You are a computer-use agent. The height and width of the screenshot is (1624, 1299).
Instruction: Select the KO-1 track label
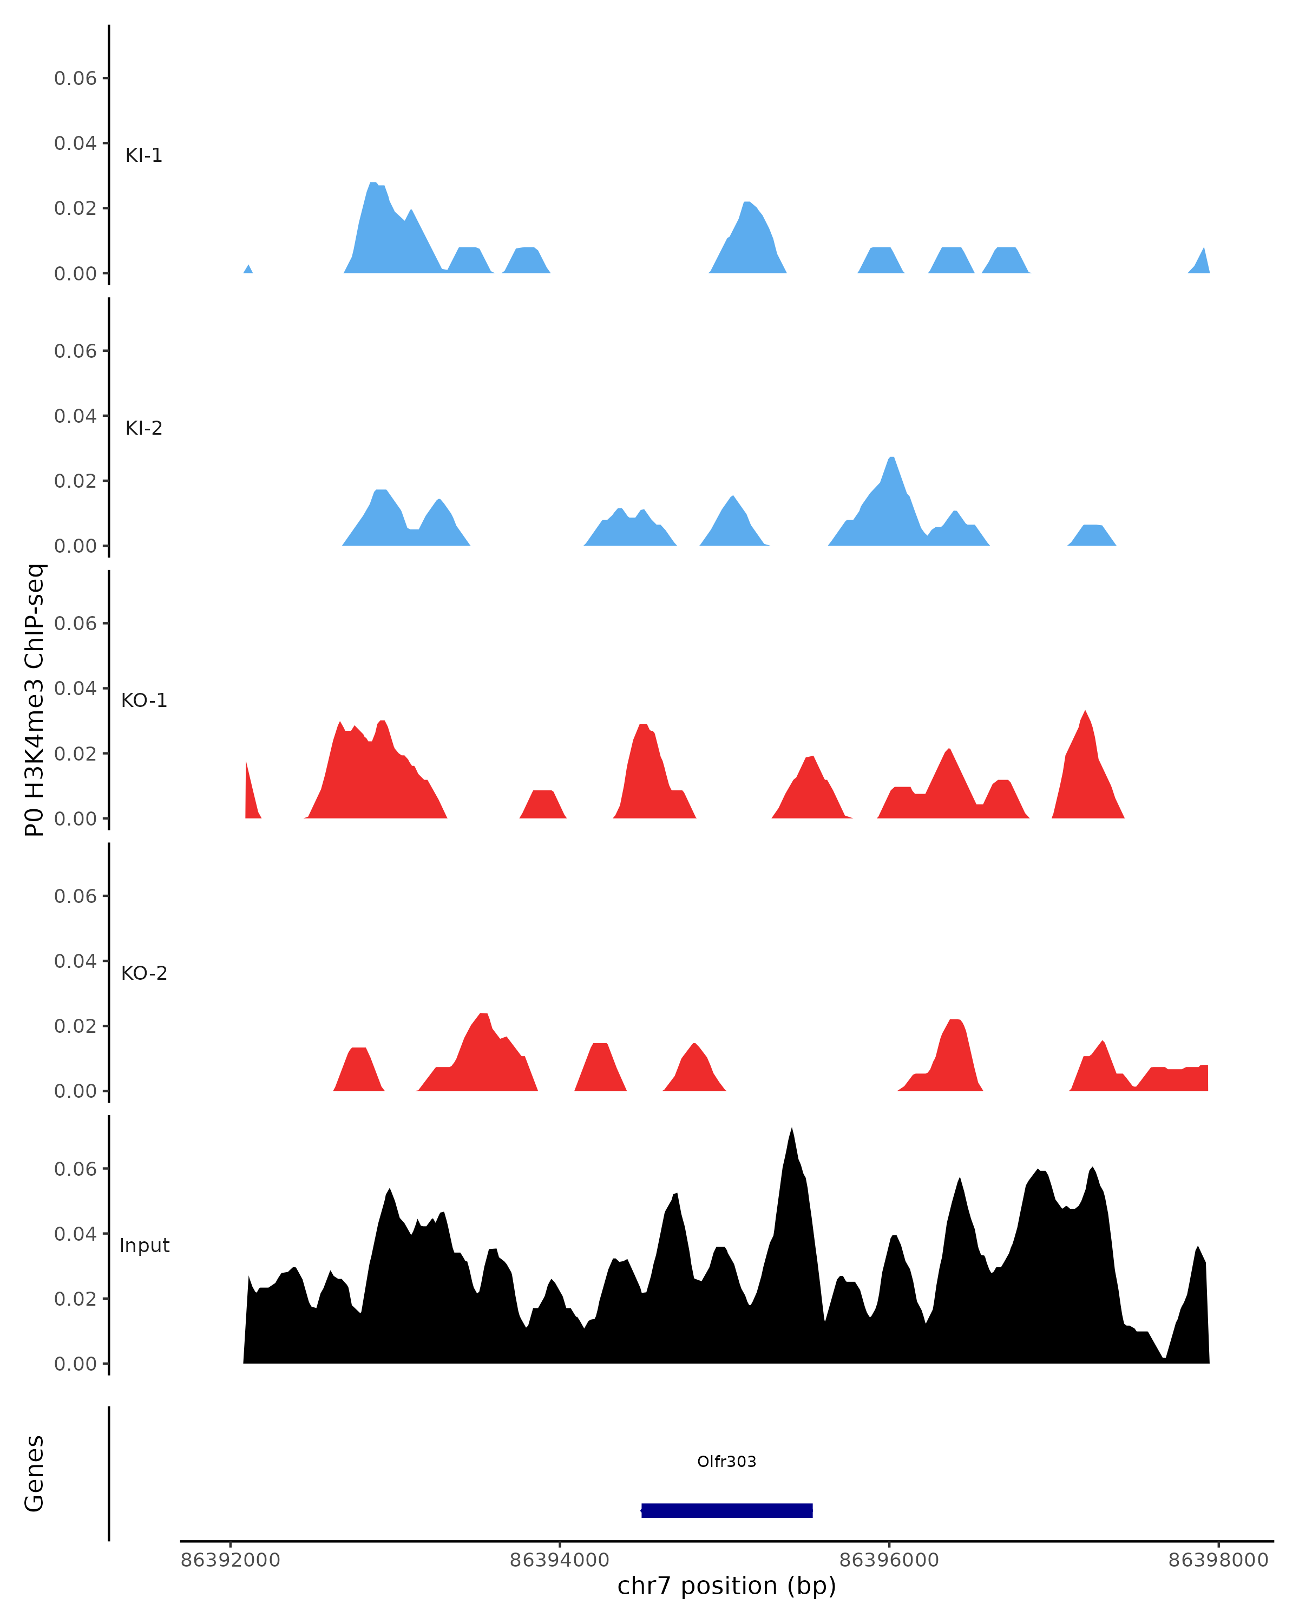click(x=144, y=700)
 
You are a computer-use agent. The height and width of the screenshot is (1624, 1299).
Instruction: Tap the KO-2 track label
click(x=144, y=973)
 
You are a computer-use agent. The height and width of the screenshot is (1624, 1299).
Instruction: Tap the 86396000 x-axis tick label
click(x=889, y=1560)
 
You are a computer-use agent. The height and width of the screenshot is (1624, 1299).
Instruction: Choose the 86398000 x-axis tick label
click(x=1218, y=1560)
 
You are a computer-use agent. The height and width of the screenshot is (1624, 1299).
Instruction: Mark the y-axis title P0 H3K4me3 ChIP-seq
click(x=35, y=700)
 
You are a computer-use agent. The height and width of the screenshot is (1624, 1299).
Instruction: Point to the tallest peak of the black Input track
click(x=791, y=1130)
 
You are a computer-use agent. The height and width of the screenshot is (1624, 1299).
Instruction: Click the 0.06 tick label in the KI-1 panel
click(x=75, y=78)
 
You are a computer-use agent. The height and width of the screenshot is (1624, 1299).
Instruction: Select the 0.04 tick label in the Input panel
click(x=75, y=1234)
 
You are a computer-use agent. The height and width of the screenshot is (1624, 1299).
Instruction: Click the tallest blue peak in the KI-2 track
click(x=891, y=459)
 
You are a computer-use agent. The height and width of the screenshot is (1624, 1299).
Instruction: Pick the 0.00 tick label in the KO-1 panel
click(x=75, y=819)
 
